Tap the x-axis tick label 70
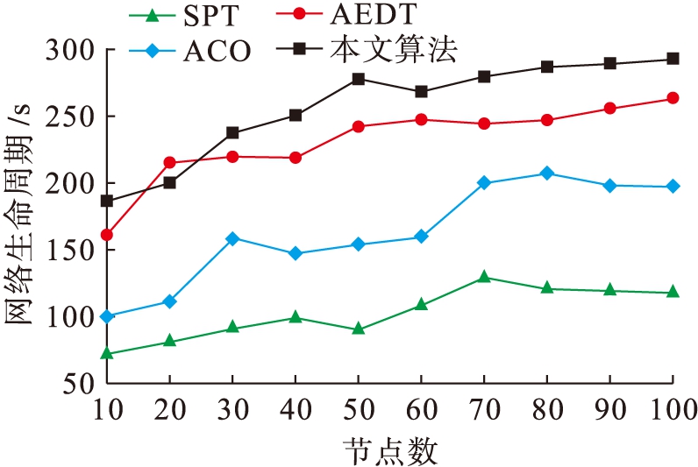click(484, 409)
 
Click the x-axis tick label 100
click(672, 409)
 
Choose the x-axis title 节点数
click(389, 450)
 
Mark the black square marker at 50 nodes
click(358, 79)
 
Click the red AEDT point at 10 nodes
click(107, 235)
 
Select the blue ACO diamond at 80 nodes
click(547, 173)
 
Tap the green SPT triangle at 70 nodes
click(484, 277)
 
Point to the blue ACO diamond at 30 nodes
click(232, 238)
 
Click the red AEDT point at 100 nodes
click(673, 98)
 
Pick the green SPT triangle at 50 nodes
click(358, 329)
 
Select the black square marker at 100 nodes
click(673, 59)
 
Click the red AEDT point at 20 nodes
click(169, 162)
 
